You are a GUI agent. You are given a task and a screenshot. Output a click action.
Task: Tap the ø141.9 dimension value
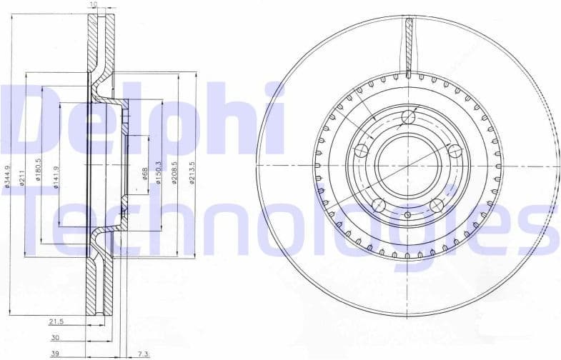point(56,176)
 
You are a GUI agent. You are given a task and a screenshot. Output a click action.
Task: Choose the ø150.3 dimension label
point(158,174)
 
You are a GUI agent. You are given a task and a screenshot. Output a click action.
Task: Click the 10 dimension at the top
point(93,5)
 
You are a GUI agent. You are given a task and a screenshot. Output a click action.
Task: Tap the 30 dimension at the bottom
point(55,339)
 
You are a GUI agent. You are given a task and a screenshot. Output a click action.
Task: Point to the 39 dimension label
point(55,353)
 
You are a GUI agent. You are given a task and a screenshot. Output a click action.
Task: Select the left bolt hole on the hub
point(362,151)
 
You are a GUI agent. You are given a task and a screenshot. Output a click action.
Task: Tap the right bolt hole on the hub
point(452,151)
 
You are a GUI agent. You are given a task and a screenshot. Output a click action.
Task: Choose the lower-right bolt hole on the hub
point(437,206)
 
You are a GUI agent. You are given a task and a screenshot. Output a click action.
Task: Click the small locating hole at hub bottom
point(408,214)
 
